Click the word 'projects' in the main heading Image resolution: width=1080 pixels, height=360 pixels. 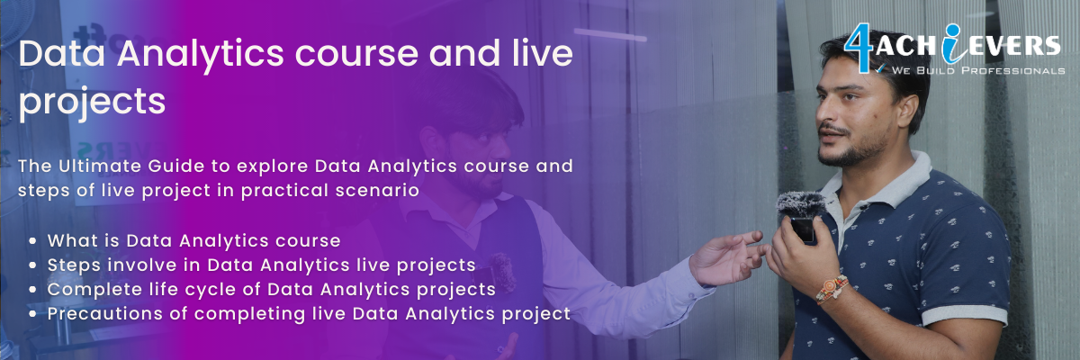[92, 102]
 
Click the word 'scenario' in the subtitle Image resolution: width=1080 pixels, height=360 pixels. [377, 190]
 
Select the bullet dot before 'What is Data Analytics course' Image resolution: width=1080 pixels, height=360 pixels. [32, 241]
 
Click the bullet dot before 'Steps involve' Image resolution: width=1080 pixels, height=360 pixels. [32, 265]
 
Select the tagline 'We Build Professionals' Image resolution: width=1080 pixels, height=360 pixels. [977, 71]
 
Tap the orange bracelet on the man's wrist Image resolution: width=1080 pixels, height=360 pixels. [832, 289]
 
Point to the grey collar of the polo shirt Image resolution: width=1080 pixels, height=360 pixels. [887, 185]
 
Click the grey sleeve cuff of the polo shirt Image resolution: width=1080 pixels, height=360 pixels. [964, 315]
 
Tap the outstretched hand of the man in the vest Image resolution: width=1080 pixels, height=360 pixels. [727, 257]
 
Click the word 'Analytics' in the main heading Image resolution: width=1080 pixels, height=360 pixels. [200, 55]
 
